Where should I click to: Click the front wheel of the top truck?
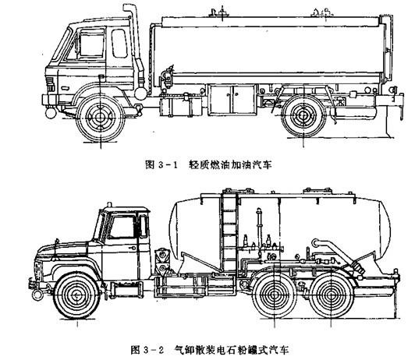point(100,118)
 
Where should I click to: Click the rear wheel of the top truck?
point(303,115)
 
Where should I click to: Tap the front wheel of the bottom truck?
point(77,295)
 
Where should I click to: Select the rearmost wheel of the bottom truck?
point(331,295)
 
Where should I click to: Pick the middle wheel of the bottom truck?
point(274,295)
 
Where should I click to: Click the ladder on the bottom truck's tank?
point(229,231)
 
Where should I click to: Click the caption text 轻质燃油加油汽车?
point(230,165)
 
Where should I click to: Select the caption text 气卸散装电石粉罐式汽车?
point(232,350)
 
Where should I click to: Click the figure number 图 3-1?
point(161,165)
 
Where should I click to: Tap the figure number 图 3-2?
point(147,350)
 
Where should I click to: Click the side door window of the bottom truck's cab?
point(122,227)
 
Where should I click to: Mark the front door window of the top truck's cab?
point(91,44)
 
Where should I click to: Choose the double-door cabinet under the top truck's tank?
point(232,99)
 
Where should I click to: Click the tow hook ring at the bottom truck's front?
point(37,295)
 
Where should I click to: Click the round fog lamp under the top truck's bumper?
point(51,113)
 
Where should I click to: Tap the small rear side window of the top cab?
point(119,44)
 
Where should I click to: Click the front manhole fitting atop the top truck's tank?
point(218,12)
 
